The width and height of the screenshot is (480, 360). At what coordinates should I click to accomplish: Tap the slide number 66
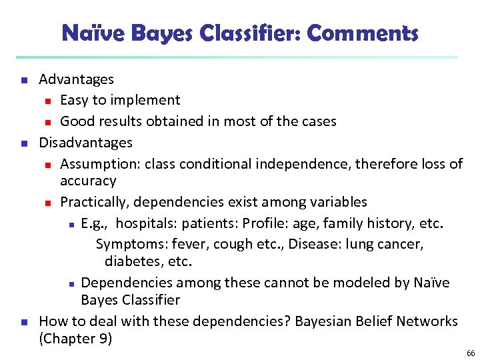471,353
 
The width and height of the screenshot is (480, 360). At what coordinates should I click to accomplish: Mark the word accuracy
88,181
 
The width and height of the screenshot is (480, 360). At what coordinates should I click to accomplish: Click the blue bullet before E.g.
71,224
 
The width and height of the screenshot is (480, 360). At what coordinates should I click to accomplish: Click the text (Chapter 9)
75,339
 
